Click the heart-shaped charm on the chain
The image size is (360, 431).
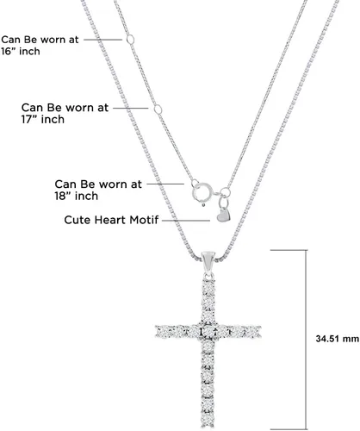tap(224, 215)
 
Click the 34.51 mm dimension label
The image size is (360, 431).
tap(338, 339)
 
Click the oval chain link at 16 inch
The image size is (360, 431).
tap(131, 40)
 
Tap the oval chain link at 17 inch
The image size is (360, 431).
tap(158, 109)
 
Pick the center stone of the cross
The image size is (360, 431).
tap(208, 332)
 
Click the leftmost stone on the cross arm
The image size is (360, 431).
tap(162, 332)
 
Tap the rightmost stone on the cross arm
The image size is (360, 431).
tap(255, 332)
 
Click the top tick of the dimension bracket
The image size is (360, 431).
tap(289, 250)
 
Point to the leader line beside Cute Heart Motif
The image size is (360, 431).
tap(186, 221)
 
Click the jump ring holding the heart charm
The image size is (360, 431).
tap(226, 192)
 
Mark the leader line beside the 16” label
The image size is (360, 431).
tap(103, 40)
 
